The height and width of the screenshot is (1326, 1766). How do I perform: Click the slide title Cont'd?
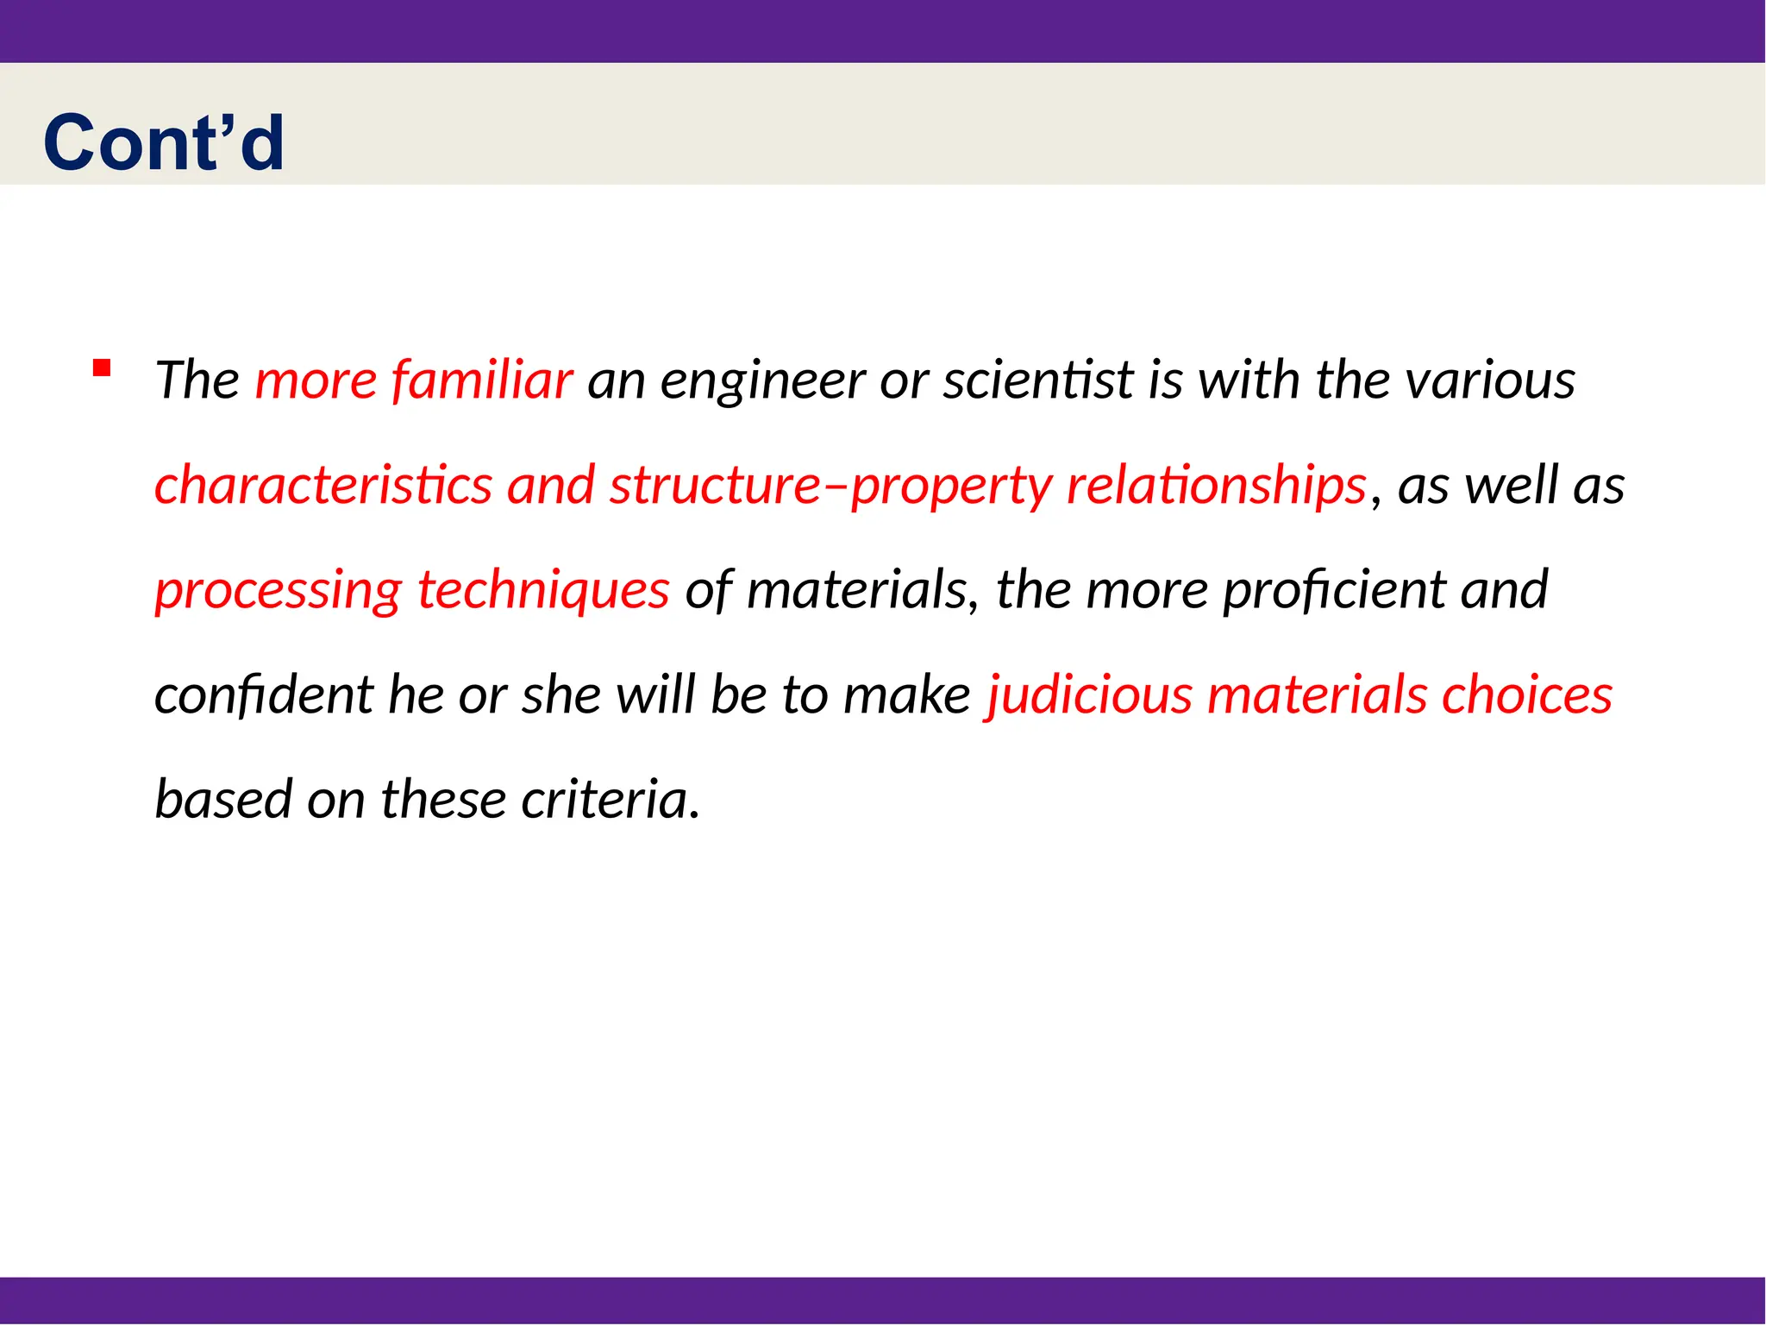pyautogui.click(x=164, y=142)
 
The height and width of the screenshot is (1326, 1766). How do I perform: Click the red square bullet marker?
pyautogui.click(x=102, y=368)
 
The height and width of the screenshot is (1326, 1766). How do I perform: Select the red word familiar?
pyautogui.click(x=482, y=380)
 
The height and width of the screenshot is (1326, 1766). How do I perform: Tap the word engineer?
pyautogui.click(x=762, y=381)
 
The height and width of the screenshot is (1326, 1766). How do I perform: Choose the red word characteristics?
pyautogui.click(x=323, y=485)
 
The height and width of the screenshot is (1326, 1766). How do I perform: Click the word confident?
pyautogui.click(x=264, y=695)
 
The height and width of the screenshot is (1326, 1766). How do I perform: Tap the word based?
pyautogui.click(x=223, y=800)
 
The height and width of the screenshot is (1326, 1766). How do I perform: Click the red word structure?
pyautogui.click(x=716, y=485)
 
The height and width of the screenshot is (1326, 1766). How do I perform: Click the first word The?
pyautogui.click(x=197, y=380)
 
